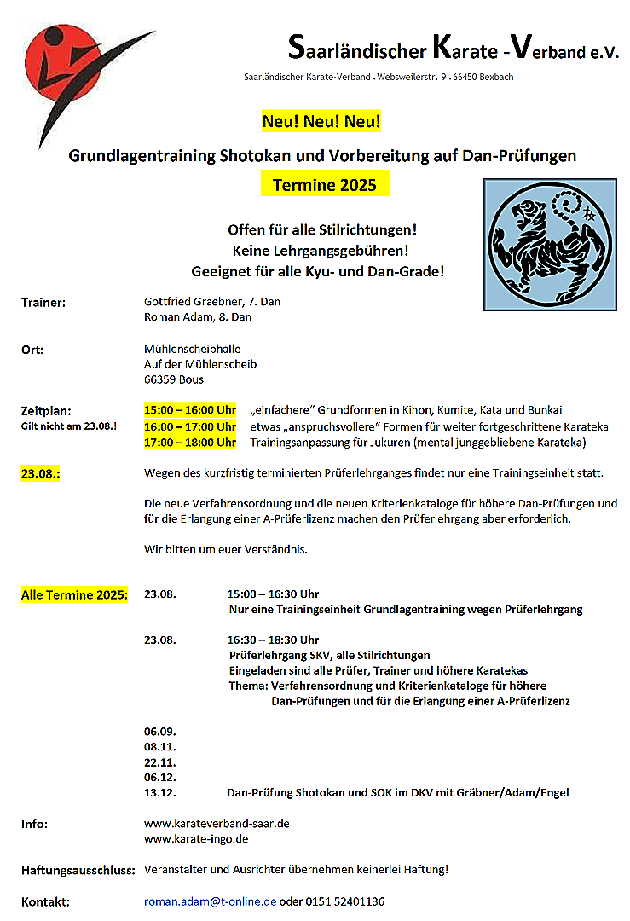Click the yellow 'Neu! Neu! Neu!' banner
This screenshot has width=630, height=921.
pyautogui.click(x=321, y=122)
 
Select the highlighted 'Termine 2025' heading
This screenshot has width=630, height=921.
pyautogui.click(x=325, y=185)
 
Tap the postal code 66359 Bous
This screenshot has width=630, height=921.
pyautogui.click(x=174, y=379)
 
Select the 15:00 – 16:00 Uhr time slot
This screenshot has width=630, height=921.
pyautogui.click(x=190, y=410)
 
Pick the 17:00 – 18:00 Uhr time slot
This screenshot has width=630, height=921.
pyautogui.click(x=190, y=442)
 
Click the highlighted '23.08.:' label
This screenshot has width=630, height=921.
pyautogui.click(x=40, y=472)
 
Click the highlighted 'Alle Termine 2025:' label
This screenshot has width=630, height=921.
pyautogui.click(x=74, y=594)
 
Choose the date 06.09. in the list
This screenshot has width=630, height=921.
pyautogui.click(x=160, y=731)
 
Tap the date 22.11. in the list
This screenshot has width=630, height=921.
pyautogui.click(x=160, y=762)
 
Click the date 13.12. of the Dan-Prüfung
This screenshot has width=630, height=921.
pyautogui.click(x=160, y=792)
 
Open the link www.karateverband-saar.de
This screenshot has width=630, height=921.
pyautogui.click(x=217, y=824)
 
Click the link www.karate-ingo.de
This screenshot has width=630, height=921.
pyautogui.click(x=196, y=839)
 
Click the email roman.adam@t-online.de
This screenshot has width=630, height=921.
pyautogui.click(x=210, y=901)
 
